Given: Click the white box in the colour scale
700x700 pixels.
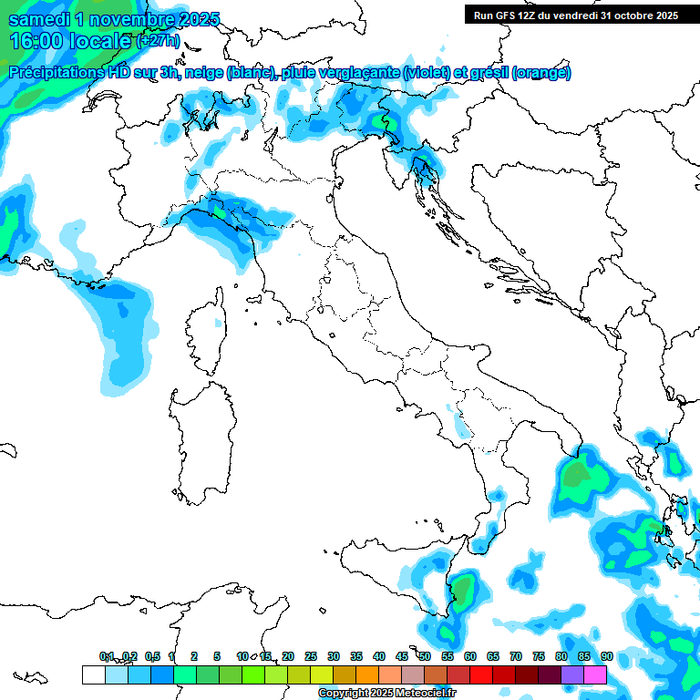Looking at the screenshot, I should [93, 674].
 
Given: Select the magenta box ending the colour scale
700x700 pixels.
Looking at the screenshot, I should [595, 674].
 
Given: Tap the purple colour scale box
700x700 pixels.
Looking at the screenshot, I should [572, 674].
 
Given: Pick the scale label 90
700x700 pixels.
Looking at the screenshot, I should [606, 656].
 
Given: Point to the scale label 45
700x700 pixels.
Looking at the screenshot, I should [402, 656].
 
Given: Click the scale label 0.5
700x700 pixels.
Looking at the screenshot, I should [151, 656].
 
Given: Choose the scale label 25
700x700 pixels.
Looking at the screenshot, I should [311, 656].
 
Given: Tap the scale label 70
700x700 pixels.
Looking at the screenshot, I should [516, 656].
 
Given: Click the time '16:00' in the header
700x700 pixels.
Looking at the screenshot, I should [36, 41].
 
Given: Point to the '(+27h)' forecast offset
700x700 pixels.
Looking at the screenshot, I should [158, 42].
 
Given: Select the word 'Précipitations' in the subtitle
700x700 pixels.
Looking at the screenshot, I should [55, 73].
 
